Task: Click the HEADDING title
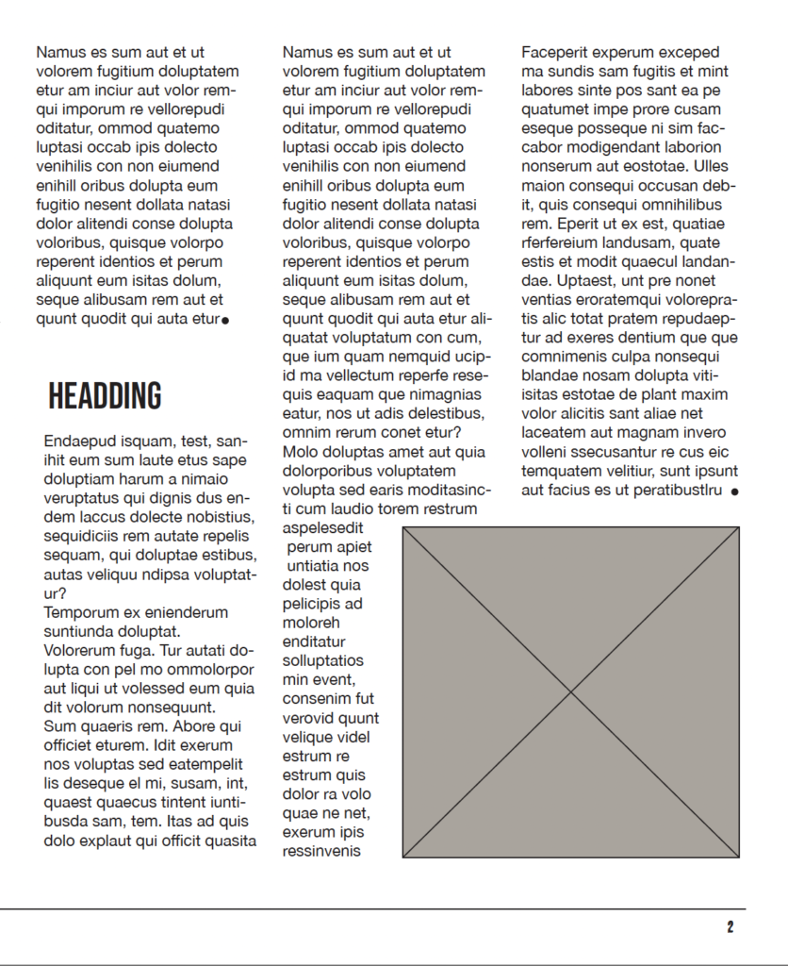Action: tap(105, 396)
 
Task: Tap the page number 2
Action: tap(731, 927)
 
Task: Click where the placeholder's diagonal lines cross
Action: tap(570, 692)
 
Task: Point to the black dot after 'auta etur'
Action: tap(225, 321)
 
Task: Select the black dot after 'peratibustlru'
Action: tap(734, 491)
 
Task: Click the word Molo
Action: tap(300, 452)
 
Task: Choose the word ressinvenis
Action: tap(321, 851)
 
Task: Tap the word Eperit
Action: tap(578, 224)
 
